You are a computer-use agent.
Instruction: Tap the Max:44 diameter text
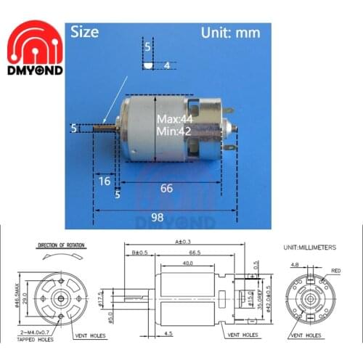pos(174,118)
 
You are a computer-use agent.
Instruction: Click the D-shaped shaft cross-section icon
pos(149,65)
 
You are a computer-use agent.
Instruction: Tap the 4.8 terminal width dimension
pos(293,265)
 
